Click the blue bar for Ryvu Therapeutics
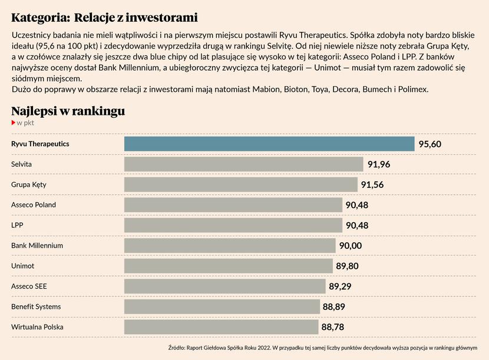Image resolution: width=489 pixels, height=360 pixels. pos(269,144)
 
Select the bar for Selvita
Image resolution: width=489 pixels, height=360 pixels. pos(243,164)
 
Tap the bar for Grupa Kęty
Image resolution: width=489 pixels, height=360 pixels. pos(240,184)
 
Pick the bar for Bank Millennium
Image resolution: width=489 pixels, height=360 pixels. pos(230,246)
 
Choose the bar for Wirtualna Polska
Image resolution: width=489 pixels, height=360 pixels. pos(221,327)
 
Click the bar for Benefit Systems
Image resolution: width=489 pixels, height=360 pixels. pos(222,307)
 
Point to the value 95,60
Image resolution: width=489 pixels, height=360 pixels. pos(430,144)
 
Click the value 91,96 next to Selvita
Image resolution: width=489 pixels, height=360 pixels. pos(379,164)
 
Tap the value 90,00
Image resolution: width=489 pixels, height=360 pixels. pos(351,246)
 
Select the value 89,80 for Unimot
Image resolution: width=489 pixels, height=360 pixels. pos(347,266)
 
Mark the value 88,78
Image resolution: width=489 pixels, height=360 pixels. pos(332,327)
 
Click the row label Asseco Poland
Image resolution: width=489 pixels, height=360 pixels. pos(34,205)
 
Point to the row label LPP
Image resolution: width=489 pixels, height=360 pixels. pos(17,225)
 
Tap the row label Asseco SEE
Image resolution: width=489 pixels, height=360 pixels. pos(29,286)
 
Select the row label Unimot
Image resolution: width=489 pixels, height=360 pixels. pos(23,266)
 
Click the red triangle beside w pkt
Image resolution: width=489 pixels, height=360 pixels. pos(14,123)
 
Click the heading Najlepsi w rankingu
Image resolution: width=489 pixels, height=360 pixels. pos(68,111)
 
